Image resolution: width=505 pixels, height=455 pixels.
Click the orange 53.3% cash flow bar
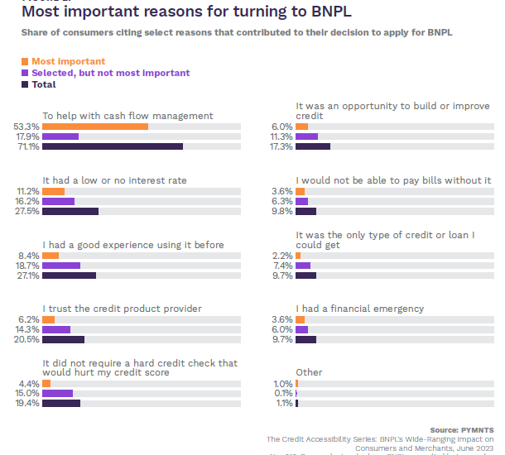[95, 126]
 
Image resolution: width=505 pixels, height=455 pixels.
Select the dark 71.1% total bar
[113, 146]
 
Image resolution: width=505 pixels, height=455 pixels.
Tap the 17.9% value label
[27, 136]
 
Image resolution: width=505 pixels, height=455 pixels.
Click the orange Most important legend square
[25, 61]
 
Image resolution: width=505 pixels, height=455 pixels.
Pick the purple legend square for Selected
[25, 73]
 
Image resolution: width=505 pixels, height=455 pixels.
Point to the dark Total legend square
[25, 84]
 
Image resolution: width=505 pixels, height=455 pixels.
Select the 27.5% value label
[27, 211]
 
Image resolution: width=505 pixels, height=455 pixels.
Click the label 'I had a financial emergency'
[360, 309]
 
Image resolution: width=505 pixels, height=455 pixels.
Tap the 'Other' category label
[310, 372]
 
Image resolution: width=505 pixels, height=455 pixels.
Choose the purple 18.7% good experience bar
[61, 266]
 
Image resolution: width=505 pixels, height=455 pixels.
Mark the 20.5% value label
[27, 339]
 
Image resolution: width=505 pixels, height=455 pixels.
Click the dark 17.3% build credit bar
[313, 146]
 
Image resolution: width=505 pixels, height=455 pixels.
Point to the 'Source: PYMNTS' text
[462, 429]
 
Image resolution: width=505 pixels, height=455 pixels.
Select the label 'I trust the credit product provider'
[123, 309]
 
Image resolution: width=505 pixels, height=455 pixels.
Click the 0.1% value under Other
[282, 393]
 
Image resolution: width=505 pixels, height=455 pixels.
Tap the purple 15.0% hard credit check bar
[58, 393]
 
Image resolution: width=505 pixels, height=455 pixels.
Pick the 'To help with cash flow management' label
[127, 115]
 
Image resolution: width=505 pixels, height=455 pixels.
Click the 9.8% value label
[282, 211]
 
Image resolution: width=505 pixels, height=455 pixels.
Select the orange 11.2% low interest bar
[53, 190]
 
